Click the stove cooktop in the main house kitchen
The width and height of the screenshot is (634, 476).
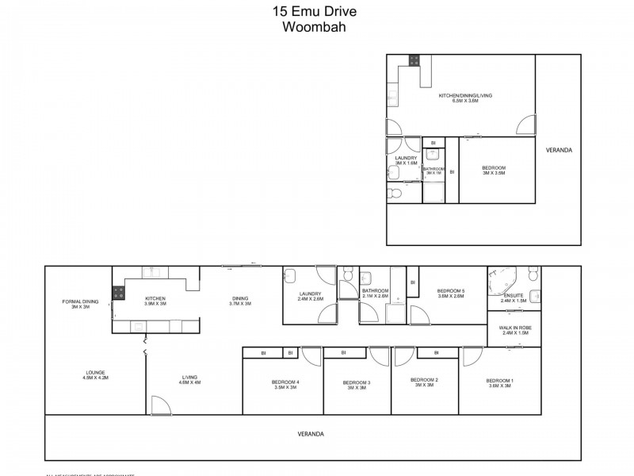[x=118, y=291]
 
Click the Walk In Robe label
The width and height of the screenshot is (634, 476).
[x=514, y=329]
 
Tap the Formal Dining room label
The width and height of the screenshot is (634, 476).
[x=80, y=303]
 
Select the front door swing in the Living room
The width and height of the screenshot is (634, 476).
[x=161, y=405]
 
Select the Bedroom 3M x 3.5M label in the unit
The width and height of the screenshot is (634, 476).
[x=494, y=170]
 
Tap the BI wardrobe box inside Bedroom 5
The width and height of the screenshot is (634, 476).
[x=413, y=282]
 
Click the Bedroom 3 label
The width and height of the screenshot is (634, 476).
[x=357, y=386]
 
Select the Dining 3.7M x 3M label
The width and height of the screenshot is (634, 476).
[x=240, y=301]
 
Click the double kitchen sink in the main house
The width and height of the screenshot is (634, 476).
[x=154, y=273]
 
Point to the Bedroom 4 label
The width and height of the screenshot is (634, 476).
[x=285, y=386]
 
